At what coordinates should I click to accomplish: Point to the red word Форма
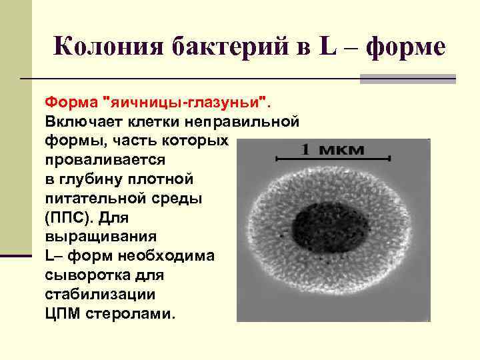(69, 103)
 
